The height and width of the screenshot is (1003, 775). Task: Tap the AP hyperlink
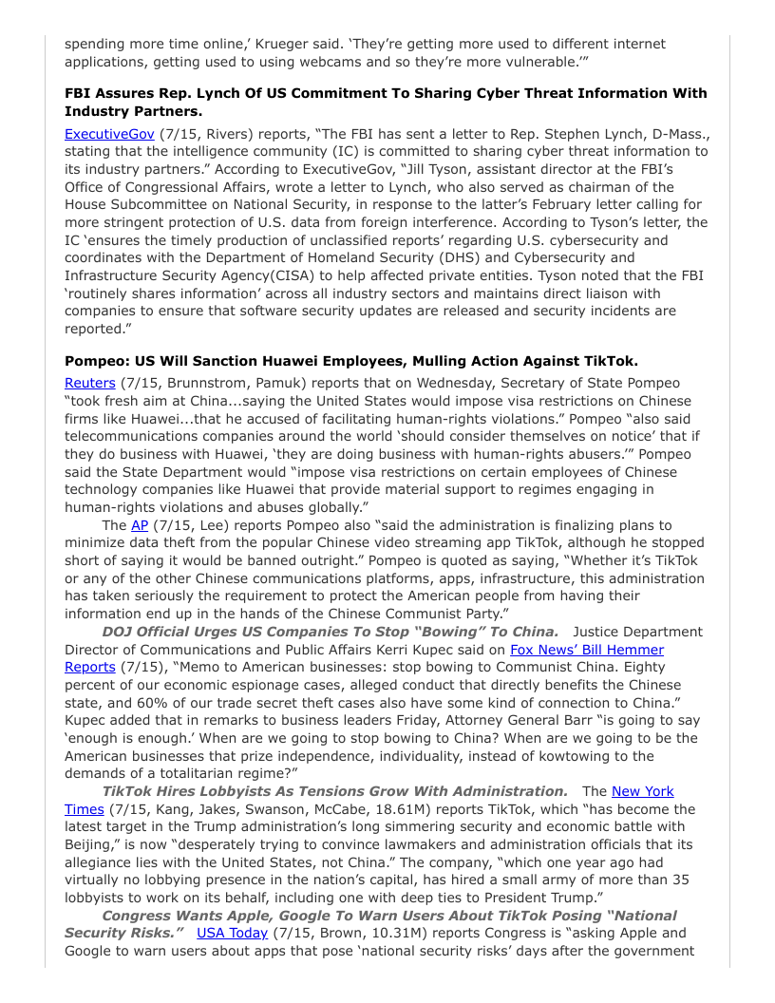coord(140,525)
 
